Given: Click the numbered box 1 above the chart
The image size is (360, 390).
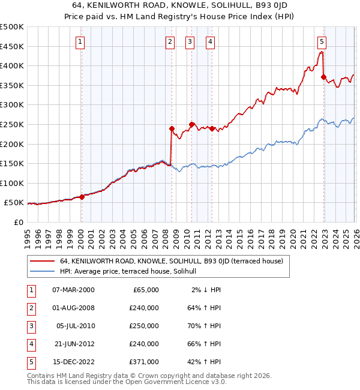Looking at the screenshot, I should point(80,41).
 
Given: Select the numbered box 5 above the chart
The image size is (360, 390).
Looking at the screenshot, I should point(322,41).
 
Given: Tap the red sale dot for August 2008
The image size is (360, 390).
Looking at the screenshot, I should point(172,128).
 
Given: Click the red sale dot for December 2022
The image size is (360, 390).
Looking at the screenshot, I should point(324,77).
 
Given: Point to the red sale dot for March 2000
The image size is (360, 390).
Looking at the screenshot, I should point(82,197).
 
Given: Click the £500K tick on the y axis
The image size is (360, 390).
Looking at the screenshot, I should point(12,27).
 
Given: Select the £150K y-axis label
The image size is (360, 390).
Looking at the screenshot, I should point(12,163).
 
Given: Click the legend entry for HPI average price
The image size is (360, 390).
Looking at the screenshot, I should point(133,271).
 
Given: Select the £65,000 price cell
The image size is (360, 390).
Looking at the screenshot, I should point(145,290).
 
